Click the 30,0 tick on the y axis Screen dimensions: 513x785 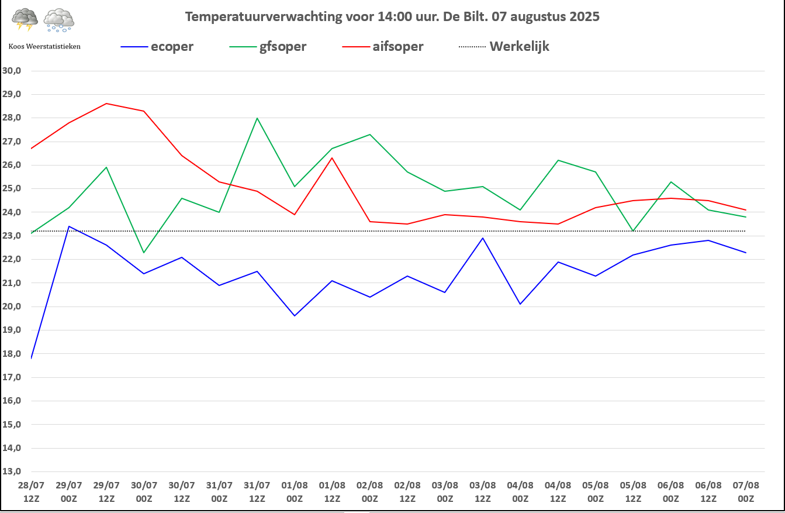point(12,71)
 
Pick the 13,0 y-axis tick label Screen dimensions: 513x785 point(12,471)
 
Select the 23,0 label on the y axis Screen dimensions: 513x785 point(12,236)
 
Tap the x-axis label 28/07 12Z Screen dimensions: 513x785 point(31,491)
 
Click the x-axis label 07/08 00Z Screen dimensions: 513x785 point(745,491)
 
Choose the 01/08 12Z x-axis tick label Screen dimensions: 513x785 point(332,491)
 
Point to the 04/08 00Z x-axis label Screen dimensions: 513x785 point(520,491)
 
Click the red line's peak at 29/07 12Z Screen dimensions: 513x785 point(106,104)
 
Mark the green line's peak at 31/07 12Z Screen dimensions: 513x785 point(257,118)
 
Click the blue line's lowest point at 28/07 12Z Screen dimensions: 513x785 point(32,358)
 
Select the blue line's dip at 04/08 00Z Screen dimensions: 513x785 point(520,304)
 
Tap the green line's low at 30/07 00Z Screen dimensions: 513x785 point(144,252)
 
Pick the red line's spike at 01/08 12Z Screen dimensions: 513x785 point(332,158)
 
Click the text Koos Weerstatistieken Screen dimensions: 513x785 point(44,46)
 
